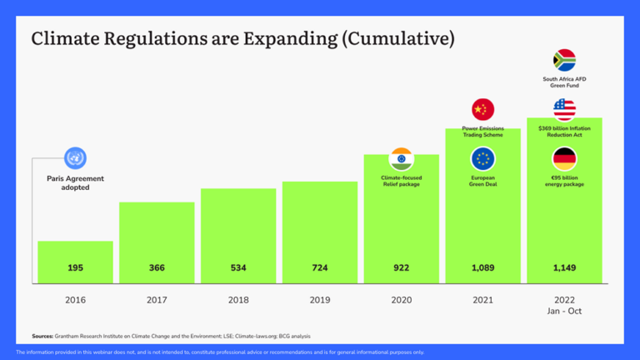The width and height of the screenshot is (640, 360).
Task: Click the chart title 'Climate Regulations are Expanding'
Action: (242, 39)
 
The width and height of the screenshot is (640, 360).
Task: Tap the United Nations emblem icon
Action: (75, 158)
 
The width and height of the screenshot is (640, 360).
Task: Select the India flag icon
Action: (401, 159)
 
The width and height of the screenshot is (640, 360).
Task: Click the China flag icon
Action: (482, 109)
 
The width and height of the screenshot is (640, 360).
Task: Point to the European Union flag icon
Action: (482, 159)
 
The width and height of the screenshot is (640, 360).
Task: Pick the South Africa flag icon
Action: (564, 60)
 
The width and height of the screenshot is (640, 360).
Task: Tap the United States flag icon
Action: (564, 109)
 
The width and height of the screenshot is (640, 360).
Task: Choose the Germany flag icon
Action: (564, 159)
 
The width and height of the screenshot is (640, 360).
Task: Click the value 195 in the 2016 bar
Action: (75, 268)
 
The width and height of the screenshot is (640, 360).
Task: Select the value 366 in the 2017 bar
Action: (157, 268)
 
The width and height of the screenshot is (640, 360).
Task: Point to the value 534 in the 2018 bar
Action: (237, 268)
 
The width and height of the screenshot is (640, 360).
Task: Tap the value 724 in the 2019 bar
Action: (319, 268)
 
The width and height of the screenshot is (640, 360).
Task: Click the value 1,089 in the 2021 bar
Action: (482, 268)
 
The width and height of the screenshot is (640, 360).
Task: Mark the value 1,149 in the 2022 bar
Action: (564, 268)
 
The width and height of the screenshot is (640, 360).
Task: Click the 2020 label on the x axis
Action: (401, 299)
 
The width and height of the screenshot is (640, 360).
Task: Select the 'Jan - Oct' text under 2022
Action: (564, 310)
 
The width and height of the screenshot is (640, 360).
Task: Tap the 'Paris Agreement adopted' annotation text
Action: (75, 183)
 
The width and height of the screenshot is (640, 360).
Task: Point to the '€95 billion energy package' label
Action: (564, 181)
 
